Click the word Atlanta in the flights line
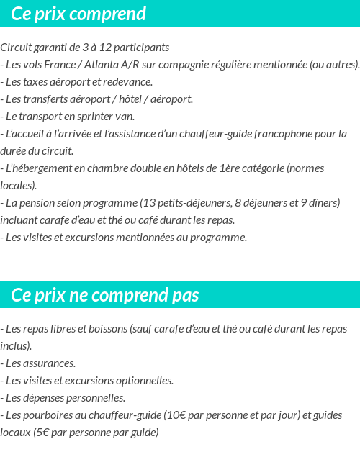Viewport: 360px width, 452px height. point(107,65)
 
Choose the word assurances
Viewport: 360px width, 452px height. point(48,363)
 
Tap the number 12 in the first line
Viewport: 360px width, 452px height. point(105,48)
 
